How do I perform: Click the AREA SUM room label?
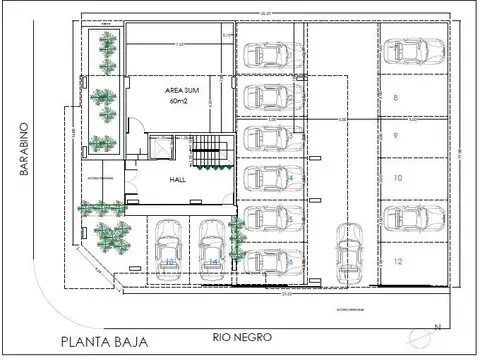[180, 90]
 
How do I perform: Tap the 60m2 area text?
[180, 101]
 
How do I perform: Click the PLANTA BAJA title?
[104, 341]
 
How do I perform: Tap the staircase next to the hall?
[204, 154]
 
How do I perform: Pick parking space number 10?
[397, 178]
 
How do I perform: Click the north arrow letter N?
[436, 327]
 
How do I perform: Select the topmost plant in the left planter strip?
[103, 45]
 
